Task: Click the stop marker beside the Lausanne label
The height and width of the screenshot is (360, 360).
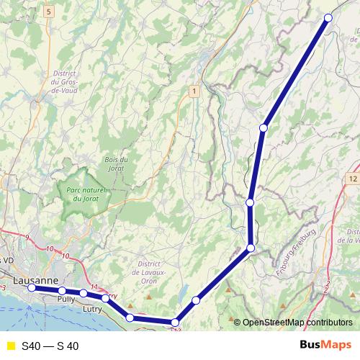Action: pyautogui.click(x=32, y=287)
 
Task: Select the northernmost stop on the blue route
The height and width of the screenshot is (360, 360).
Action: pyautogui.click(x=328, y=17)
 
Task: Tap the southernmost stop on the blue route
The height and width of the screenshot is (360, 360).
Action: pyautogui.click(x=175, y=323)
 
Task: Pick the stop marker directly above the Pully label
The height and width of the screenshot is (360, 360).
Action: pyautogui.click(x=63, y=291)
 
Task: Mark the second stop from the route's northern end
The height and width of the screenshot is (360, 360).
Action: pyautogui.click(x=264, y=128)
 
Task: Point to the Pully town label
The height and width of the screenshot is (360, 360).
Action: pyautogui.click(x=66, y=297)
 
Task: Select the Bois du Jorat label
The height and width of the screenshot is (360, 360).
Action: pyautogui.click(x=116, y=163)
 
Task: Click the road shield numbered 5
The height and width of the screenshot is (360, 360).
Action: pyautogui.click(x=48, y=12)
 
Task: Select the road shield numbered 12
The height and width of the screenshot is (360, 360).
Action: pyautogui.click(x=352, y=178)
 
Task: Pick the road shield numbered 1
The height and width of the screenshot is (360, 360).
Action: pyautogui.click(x=194, y=90)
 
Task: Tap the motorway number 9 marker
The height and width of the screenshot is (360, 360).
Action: pyautogui.click(x=27, y=237)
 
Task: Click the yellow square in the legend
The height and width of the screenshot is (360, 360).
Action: pyautogui.click(x=10, y=346)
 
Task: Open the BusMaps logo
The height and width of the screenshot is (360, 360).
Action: pyautogui.click(x=325, y=346)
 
